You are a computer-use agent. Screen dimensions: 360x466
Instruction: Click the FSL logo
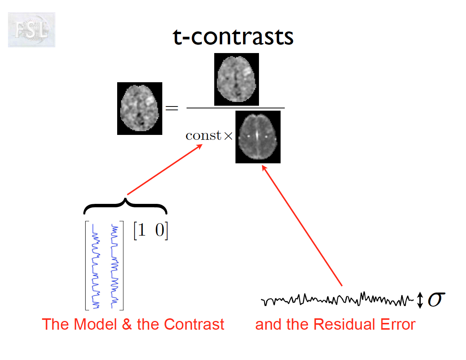[31, 30]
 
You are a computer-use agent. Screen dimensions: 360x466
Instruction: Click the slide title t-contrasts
[233, 37]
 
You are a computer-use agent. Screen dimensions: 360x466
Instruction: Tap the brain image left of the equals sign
[140, 108]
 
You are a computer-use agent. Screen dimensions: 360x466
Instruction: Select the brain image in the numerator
[236, 79]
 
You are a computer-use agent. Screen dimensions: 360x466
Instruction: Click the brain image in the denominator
[258, 137]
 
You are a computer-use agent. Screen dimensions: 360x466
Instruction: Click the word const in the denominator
[203, 136]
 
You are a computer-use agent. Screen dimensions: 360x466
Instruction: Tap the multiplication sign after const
[228, 136]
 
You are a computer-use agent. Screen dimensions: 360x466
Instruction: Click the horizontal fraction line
[235, 108]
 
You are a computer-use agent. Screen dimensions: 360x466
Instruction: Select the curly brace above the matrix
[125, 205]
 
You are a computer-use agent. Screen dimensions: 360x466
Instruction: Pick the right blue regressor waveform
[114, 265]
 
